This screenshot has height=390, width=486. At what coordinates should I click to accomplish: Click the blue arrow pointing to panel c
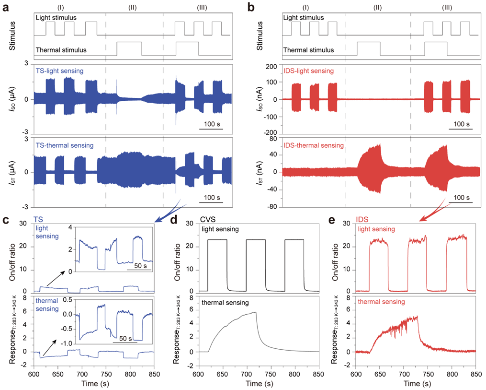click(x=170, y=212)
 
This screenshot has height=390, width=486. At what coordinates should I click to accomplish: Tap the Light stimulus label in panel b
click(x=304, y=18)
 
